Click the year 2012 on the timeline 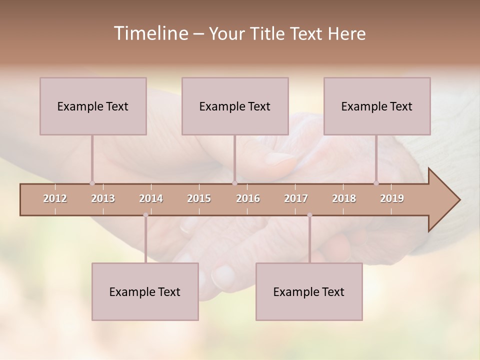pyautogui.click(x=55, y=198)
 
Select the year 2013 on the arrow pyautogui.click(x=103, y=198)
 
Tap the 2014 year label pyautogui.click(x=151, y=198)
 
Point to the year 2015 pyautogui.click(x=199, y=198)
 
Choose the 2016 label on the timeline pyautogui.click(x=248, y=198)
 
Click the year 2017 pyautogui.click(x=296, y=198)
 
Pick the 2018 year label pyautogui.click(x=344, y=198)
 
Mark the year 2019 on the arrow pyautogui.click(x=392, y=198)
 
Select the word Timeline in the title pyautogui.click(x=149, y=33)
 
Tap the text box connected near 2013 pyautogui.click(x=93, y=106)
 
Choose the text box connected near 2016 pyautogui.click(x=235, y=106)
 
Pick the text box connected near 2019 pyautogui.click(x=377, y=106)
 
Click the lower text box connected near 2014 pyautogui.click(x=145, y=291)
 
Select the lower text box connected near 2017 pyautogui.click(x=309, y=291)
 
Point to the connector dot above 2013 pyautogui.click(x=92, y=183)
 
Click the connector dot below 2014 pyautogui.click(x=145, y=215)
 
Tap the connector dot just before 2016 pyautogui.click(x=234, y=183)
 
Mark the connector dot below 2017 pyautogui.click(x=309, y=215)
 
